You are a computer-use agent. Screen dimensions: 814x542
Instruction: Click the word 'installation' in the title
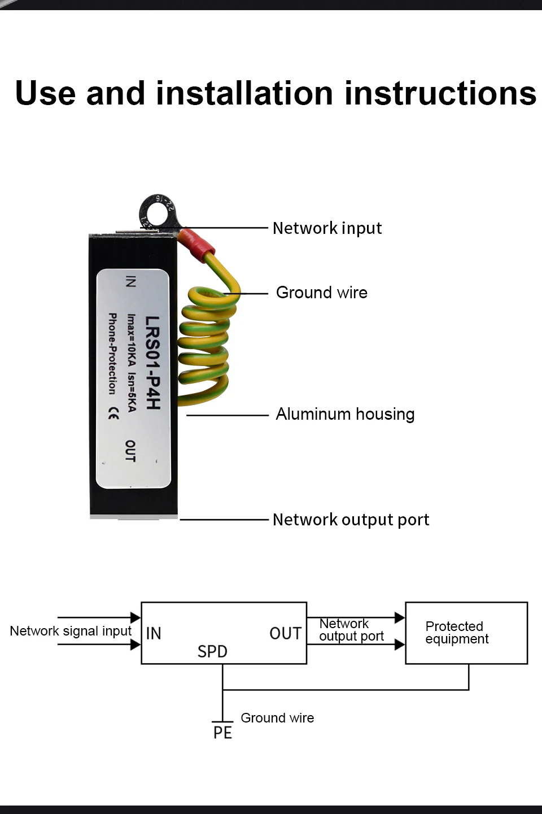click(244, 93)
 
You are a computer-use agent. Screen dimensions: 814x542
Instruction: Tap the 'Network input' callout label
click(327, 228)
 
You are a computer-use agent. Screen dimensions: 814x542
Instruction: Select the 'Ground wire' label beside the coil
click(321, 293)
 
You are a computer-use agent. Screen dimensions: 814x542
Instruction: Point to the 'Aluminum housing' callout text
click(345, 414)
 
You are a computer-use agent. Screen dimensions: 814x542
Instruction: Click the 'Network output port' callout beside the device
click(351, 520)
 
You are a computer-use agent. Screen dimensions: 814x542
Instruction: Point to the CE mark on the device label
click(113, 414)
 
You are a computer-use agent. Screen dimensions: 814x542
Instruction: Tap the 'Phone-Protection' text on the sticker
click(112, 354)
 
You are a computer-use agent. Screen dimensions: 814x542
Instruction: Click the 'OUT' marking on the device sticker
click(130, 451)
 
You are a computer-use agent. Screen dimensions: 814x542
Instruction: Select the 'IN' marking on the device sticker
click(130, 281)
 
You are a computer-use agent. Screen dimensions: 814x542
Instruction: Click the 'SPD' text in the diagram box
click(212, 652)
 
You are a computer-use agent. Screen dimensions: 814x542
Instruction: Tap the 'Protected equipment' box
click(466, 633)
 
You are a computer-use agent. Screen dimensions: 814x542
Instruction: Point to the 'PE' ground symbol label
click(222, 733)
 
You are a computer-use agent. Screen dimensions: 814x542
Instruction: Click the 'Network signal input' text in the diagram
click(71, 631)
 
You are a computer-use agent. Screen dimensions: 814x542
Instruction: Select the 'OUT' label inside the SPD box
click(285, 634)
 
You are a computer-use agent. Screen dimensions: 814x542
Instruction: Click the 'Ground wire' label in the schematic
click(277, 718)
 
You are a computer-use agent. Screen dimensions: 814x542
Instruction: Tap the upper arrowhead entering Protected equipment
click(400, 617)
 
